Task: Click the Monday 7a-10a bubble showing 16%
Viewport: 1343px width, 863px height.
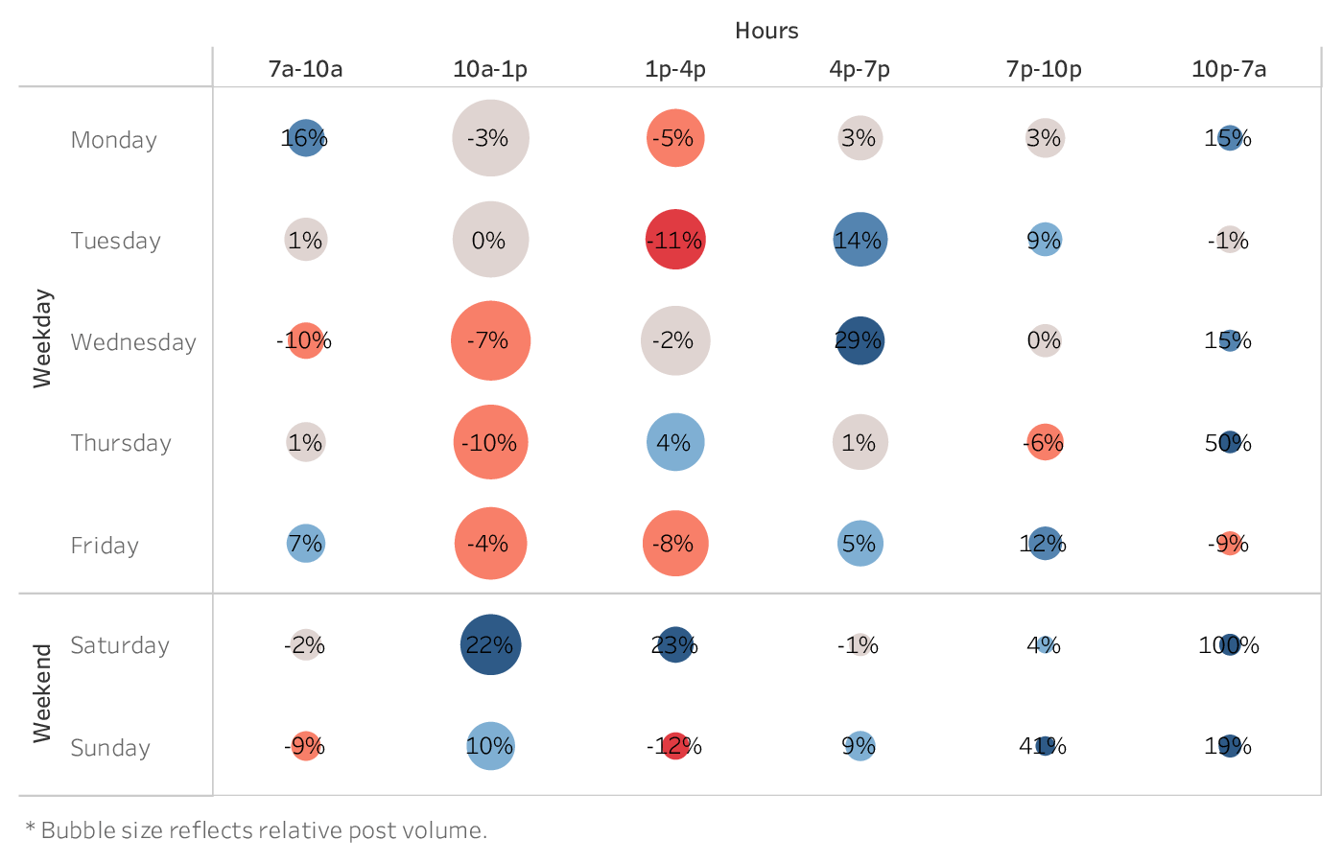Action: coord(305,138)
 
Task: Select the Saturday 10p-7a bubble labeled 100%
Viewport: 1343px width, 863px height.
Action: coord(1229,645)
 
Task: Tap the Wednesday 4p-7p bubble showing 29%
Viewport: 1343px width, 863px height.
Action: coord(860,340)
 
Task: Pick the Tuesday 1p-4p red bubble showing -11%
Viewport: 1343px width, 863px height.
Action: coord(675,240)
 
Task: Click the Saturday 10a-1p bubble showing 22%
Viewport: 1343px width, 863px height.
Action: coord(490,645)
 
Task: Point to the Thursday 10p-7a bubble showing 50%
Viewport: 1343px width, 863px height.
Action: coord(1229,442)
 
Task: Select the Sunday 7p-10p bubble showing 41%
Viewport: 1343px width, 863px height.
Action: coord(1045,745)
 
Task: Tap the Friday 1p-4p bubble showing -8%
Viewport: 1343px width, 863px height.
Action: coord(675,544)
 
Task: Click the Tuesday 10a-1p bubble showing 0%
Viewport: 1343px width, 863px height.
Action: coord(490,240)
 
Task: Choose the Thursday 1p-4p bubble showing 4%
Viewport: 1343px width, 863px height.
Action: coord(675,442)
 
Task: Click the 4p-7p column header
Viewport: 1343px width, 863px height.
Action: coord(860,69)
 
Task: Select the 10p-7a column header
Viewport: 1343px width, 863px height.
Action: coord(1229,69)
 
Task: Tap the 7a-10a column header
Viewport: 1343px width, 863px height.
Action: coord(305,69)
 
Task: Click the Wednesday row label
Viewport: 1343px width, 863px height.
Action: coord(133,342)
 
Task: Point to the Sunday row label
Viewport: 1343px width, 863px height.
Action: coord(110,748)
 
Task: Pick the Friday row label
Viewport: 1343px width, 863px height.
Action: coord(105,546)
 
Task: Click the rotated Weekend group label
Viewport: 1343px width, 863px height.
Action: coord(42,693)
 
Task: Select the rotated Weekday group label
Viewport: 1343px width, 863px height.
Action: coord(42,338)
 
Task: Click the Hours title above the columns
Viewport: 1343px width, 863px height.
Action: coord(766,31)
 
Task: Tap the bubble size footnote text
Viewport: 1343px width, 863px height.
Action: coord(256,830)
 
